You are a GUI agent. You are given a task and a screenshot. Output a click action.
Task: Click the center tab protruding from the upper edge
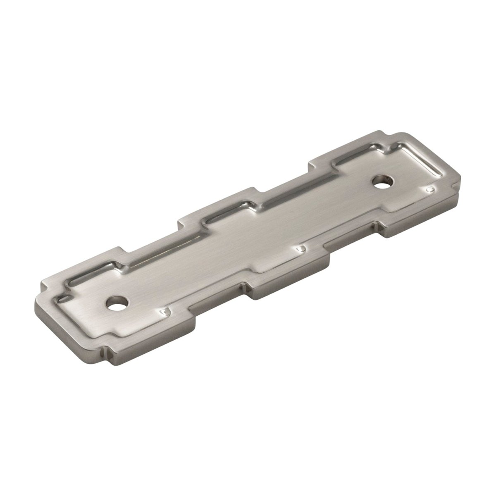pyautogui.click(x=223, y=203)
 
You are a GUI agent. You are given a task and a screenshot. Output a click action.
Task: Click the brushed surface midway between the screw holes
pyautogui.click(x=248, y=240)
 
